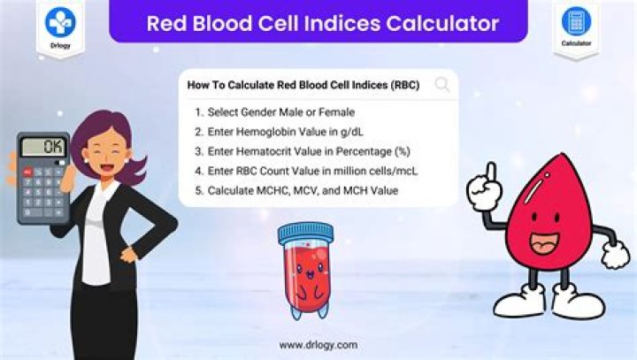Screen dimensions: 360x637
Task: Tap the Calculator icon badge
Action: coord(577,26)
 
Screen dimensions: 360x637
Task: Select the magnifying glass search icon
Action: coord(442,86)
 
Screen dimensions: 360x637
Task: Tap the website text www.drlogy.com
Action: coord(318,345)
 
